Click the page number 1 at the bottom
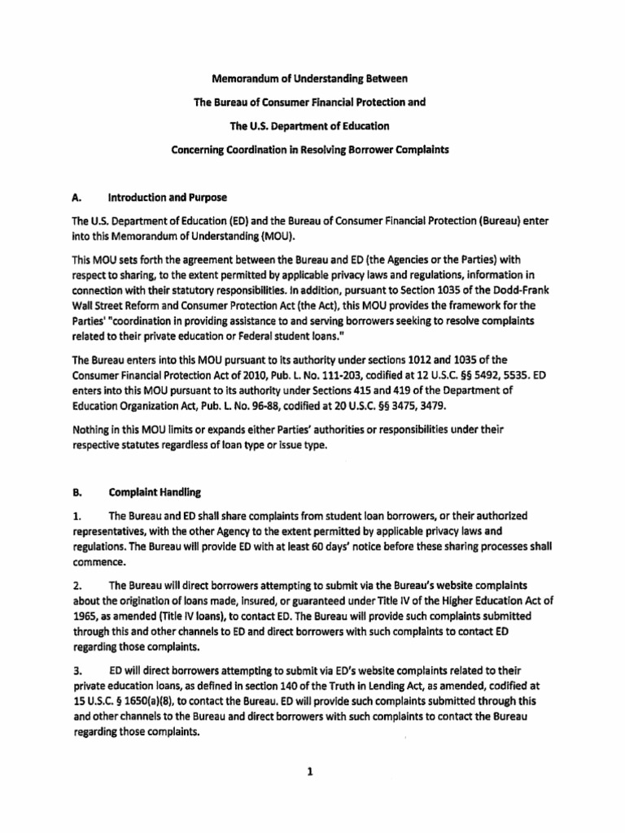310,774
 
